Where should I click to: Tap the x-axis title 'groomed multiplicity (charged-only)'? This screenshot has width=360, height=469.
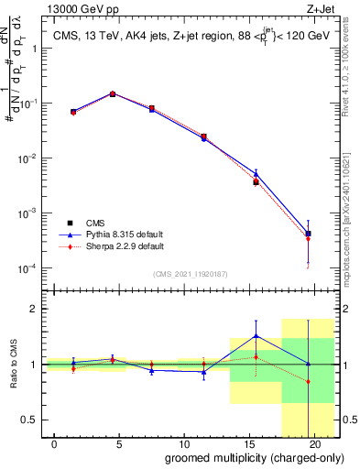point(243,457)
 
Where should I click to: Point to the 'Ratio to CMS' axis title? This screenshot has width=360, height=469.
point(12,365)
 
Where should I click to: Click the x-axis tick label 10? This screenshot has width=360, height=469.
point(184,443)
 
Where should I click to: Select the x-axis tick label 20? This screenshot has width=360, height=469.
point(313,443)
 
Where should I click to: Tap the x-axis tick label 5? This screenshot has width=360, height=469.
point(119,443)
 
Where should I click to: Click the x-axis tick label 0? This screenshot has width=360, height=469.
point(55,443)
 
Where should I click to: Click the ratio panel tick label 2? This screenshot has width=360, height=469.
point(33,309)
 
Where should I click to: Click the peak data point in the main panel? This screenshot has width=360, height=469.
point(113,93)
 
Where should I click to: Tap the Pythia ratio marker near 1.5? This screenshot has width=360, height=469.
point(256,335)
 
